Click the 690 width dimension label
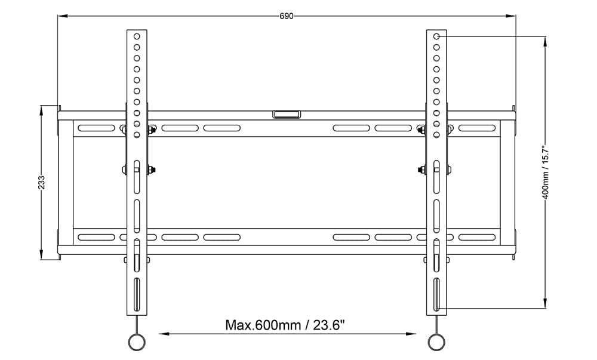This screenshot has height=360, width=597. (x=287, y=16)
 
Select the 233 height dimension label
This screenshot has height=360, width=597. (x=41, y=182)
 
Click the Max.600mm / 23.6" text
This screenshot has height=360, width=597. (x=285, y=325)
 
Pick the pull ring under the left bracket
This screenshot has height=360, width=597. (x=137, y=341)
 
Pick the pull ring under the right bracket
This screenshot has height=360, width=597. (x=436, y=341)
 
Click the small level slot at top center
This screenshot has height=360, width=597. (x=287, y=113)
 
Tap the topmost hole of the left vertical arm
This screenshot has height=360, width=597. (x=137, y=36)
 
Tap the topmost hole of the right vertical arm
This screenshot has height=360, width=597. (x=436, y=36)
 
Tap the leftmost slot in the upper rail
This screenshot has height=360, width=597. (x=96, y=128)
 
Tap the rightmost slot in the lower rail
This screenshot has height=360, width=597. (x=477, y=237)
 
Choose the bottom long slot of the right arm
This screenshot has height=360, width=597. (x=436, y=294)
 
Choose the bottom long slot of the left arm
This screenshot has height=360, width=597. (x=137, y=294)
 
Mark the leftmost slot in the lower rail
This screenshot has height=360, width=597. (x=96, y=237)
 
